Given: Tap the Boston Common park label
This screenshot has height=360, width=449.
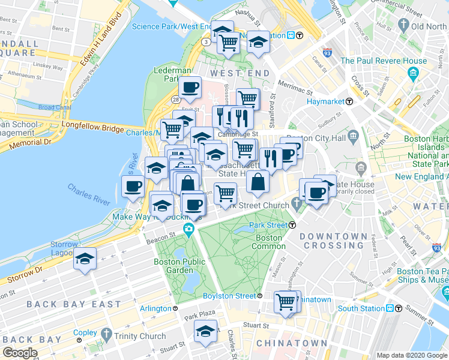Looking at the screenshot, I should (268, 242).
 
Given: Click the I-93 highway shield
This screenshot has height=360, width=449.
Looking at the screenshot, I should (327, 53).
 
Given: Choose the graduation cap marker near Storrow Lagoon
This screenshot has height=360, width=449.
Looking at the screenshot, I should (85, 259).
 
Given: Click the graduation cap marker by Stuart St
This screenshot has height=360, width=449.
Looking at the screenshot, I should (205, 331).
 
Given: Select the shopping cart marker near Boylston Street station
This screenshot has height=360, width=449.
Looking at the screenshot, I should (286, 302).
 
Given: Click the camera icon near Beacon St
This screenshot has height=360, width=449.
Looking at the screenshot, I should (189, 229).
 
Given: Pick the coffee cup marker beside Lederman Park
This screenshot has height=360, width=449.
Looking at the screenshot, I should (190, 87).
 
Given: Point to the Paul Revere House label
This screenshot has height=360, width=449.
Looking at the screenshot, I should (384, 61).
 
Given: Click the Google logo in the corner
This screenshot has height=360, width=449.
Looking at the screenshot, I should (20, 353).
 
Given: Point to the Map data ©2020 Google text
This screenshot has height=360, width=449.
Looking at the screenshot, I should (411, 355).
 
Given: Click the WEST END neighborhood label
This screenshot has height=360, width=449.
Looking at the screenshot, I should (231, 73).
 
